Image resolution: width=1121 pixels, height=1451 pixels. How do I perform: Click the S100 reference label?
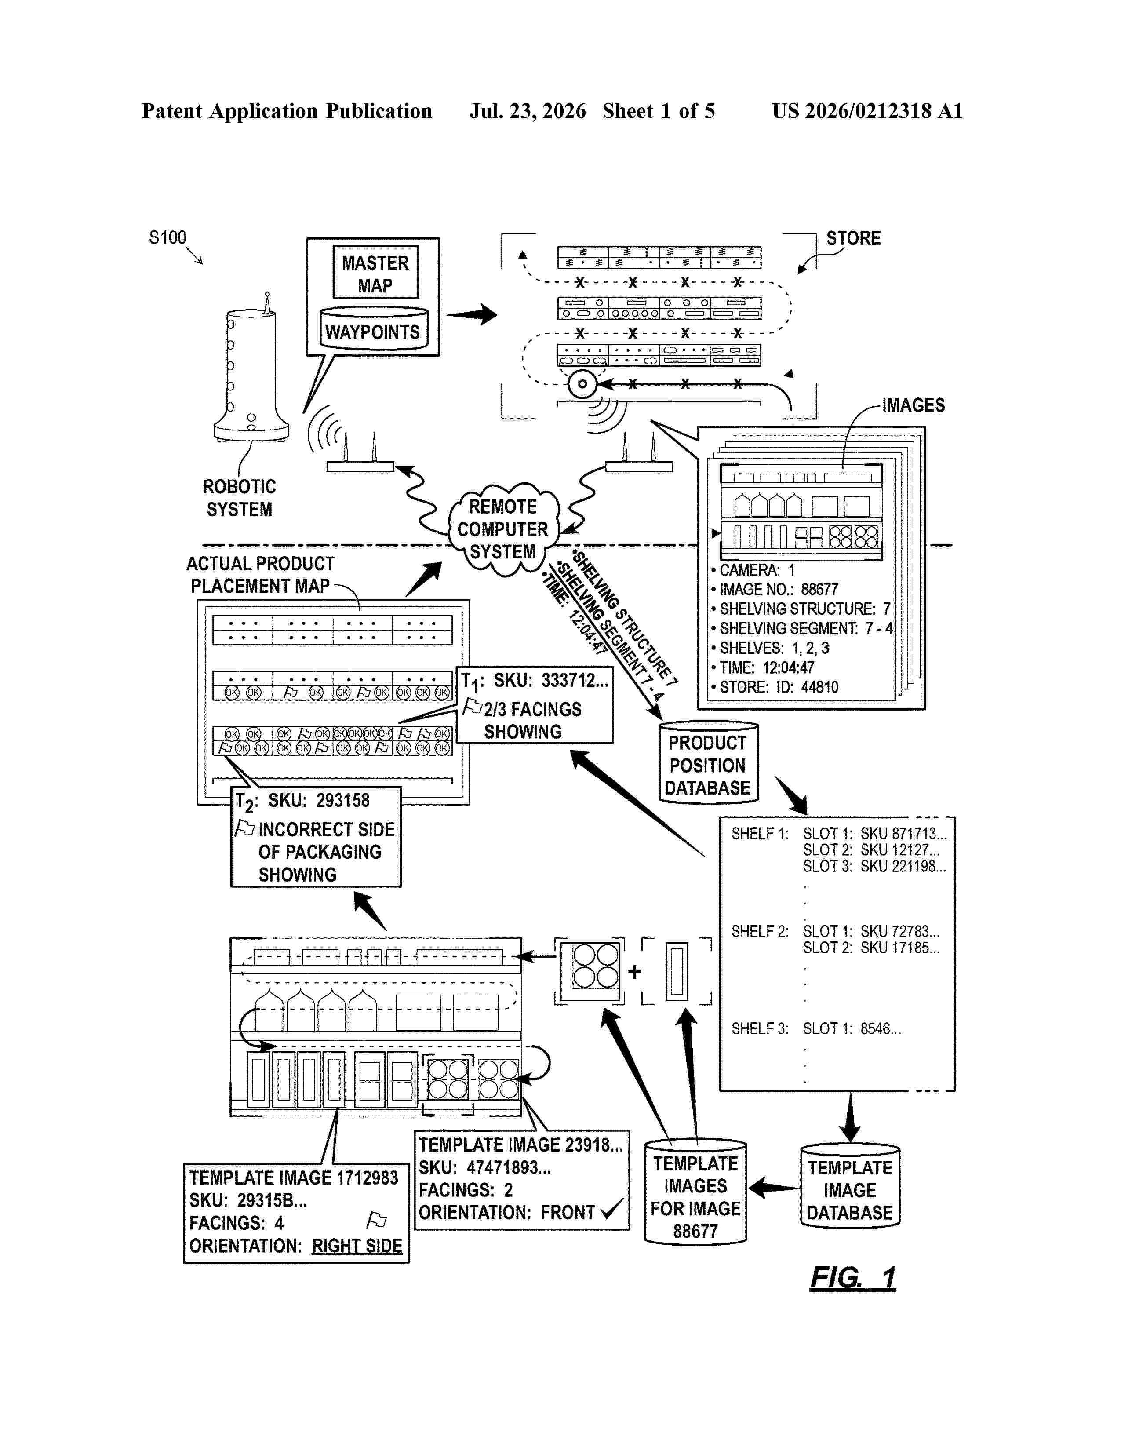click(167, 238)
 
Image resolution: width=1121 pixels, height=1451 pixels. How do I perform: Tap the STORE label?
click(853, 238)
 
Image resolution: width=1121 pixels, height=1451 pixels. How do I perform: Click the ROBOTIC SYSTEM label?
click(239, 498)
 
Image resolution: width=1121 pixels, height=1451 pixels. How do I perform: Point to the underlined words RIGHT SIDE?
click(357, 1246)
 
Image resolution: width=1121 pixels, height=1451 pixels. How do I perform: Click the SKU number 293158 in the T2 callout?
click(343, 801)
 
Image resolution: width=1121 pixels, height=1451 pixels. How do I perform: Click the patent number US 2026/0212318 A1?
click(867, 111)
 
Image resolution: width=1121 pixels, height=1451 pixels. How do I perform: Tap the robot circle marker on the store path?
click(582, 384)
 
